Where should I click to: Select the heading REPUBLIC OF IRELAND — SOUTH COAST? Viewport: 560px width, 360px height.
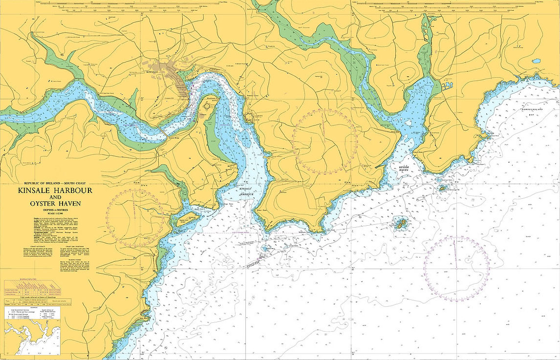tap(55, 183)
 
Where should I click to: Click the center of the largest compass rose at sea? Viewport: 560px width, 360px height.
tap(456, 268)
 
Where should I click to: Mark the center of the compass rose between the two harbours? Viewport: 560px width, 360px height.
tap(325, 141)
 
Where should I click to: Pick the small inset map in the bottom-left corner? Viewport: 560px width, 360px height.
tap(31, 337)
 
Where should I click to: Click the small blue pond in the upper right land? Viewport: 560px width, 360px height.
tap(537, 62)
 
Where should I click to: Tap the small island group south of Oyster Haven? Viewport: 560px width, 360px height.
tap(401, 224)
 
